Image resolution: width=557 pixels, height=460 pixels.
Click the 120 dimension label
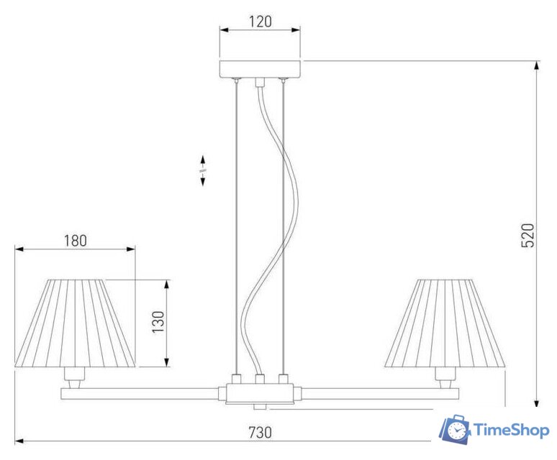click(260, 22)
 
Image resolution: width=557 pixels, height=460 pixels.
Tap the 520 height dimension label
click(527, 236)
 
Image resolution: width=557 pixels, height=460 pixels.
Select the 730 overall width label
click(260, 433)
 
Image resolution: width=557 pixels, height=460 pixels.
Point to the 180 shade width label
click(76, 241)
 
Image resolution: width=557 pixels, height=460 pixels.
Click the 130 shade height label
click(158, 322)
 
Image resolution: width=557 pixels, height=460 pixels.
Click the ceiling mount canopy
click(260, 69)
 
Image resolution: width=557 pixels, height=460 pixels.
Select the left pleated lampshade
click(75, 323)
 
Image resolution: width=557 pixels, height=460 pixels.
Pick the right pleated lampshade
click(445, 323)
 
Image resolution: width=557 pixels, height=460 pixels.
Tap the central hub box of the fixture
click(260, 393)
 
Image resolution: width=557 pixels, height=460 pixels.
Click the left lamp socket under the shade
click(75, 378)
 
